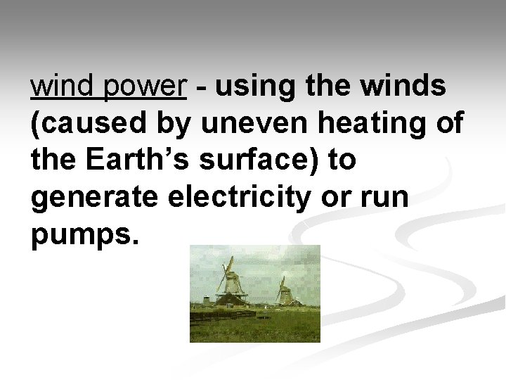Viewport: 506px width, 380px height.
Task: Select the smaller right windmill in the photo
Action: tap(284, 290)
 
